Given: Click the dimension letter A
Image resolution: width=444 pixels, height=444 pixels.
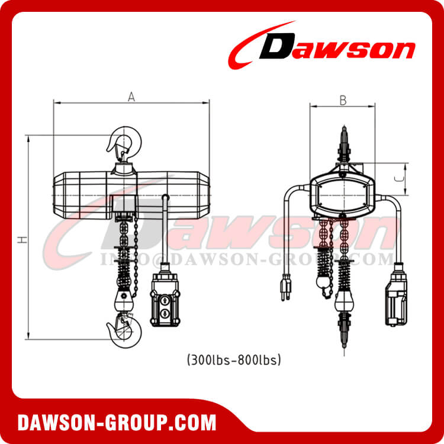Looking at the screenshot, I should click(132, 98).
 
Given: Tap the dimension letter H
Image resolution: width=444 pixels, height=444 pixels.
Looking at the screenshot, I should click(22, 239).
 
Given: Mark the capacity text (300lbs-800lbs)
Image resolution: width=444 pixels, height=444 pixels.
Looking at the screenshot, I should click(233, 359).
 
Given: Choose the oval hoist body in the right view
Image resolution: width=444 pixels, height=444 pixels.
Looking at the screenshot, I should click(343, 195).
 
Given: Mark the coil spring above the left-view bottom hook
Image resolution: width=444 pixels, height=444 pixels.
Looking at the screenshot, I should click(125, 273).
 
